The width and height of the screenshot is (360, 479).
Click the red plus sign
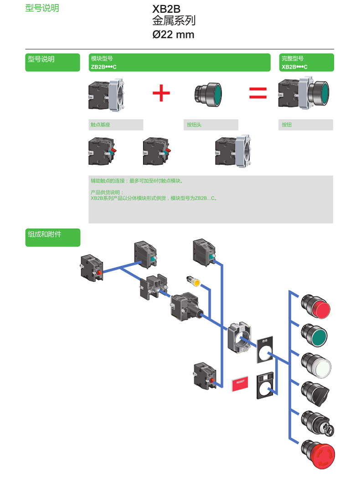coord(161,93)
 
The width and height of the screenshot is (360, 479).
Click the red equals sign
coord(257,93)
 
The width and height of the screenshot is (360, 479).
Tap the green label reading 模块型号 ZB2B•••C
coord(180,62)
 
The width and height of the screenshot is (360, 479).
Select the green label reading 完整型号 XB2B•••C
coord(306,62)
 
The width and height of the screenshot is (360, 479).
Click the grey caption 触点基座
coord(116,125)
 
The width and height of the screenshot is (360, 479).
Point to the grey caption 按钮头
coord(211,125)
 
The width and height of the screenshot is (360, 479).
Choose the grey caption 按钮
coord(305,125)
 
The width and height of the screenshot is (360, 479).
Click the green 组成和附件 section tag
coord(52,237)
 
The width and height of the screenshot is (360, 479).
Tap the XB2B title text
coord(166,9)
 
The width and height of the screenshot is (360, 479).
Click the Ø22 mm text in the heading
coord(173,35)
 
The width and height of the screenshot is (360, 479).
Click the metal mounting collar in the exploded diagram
coord(239,338)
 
